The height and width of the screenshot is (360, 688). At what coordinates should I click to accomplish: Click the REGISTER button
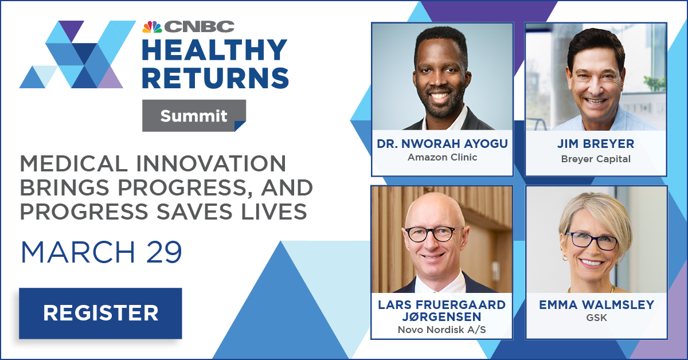coord(100,314)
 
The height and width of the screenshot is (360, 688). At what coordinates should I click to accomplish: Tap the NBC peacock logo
coord(152,27)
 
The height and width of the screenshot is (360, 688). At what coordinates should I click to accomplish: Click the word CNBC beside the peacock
coord(200,27)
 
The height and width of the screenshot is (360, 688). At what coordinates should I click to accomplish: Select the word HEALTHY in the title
coord(214,50)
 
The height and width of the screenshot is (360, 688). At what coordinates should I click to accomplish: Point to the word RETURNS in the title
coord(216,78)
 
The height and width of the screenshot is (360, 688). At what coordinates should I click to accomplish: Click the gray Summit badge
coord(194,115)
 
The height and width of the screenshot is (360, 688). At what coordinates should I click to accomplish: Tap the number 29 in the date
coord(164,252)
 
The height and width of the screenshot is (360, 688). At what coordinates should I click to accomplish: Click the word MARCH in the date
coord(78,252)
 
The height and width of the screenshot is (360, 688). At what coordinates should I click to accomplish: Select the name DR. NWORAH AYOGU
coord(442,144)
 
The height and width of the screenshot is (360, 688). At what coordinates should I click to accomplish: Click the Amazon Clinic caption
coord(442,157)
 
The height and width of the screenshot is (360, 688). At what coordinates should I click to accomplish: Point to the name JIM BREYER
coord(596,144)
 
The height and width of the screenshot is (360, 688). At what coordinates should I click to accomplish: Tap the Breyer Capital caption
coord(596,159)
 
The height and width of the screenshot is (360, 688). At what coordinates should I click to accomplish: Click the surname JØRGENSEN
coord(442,316)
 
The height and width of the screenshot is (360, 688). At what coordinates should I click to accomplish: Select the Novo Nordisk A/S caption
coord(442,330)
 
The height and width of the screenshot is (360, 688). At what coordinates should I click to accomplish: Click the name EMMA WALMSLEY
coord(596,305)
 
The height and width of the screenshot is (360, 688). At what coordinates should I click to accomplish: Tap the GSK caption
coord(596,318)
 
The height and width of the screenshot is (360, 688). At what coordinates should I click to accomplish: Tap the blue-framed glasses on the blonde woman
coord(591,241)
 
